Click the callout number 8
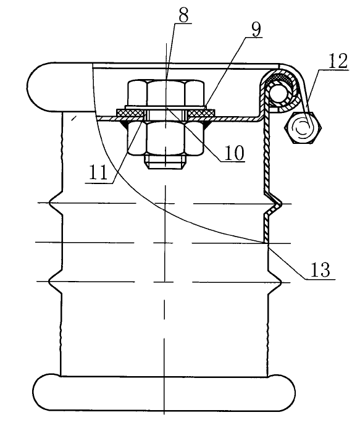click(x=183, y=16)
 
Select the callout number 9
click(x=256, y=30)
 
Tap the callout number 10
click(x=234, y=153)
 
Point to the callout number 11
click(x=98, y=173)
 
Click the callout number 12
click(x=338, y=61)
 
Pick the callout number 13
click(x=320, y=270)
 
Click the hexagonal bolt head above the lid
click(x=165, y=93)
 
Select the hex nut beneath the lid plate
click(x=165, y=138)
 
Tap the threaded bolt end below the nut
click(x=165, y=162)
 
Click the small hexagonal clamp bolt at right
click(x=303, y=128)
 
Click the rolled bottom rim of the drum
click(x=164, y=393)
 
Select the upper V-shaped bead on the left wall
click(x=56, y=203)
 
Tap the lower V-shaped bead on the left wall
click(x=56, y=281)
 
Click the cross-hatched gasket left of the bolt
click(x=130, y=112)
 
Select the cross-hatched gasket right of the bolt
click(x=201, y=112)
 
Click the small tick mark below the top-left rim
click(x=73, y=118)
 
